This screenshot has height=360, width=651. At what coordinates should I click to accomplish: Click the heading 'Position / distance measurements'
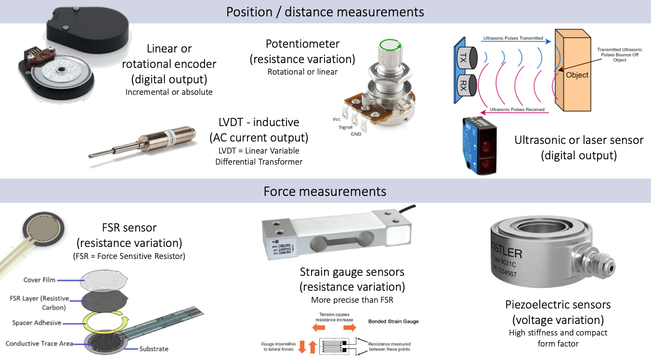325,12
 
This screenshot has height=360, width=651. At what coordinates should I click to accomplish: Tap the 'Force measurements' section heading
325,191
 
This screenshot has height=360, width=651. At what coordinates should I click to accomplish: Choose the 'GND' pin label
356,134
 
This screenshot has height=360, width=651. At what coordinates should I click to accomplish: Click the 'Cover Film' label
39,280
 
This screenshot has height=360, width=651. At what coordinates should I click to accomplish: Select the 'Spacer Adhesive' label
37,322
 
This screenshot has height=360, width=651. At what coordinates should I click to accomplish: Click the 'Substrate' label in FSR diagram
154,349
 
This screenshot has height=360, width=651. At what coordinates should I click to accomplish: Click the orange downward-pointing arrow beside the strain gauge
302,347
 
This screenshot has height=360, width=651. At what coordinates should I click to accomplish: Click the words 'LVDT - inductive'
259,123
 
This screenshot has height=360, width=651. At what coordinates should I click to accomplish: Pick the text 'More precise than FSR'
352,300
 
